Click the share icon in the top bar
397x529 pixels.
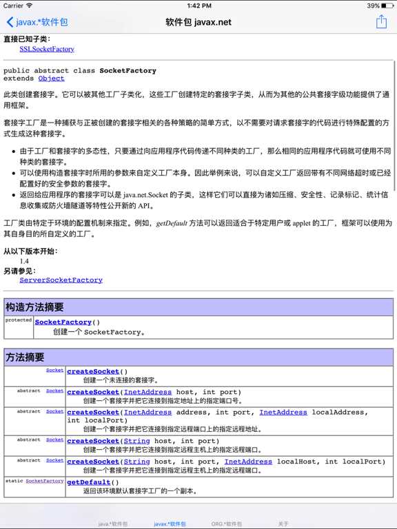[x=381, y=22]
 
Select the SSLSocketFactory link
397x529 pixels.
[x=47, y=49]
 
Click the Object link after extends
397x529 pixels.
[x=51, y=79]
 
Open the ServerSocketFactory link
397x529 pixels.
[x=61, y=280]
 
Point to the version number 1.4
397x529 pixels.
[x=24, y=262]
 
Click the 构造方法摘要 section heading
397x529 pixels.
[x=35, y=307]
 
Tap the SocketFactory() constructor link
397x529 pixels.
[x=63, y=322]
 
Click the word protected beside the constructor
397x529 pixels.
[x=19, y=320]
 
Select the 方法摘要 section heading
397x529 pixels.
[x=25, y=357]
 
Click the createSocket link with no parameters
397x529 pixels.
[x=93, y=372]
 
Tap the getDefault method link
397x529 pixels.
[x=89, y=483]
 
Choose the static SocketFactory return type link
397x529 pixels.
[x=44, y=481]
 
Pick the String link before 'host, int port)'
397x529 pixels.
[x=136, y=442]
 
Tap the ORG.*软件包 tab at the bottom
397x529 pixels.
[x=227, y=524]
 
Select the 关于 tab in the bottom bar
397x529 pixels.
[x=283, y=524]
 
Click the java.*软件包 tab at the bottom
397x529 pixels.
[x=113, y=524]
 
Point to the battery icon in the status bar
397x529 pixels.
[x=386, y=6]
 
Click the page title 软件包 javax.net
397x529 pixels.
[x=198, y=22]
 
